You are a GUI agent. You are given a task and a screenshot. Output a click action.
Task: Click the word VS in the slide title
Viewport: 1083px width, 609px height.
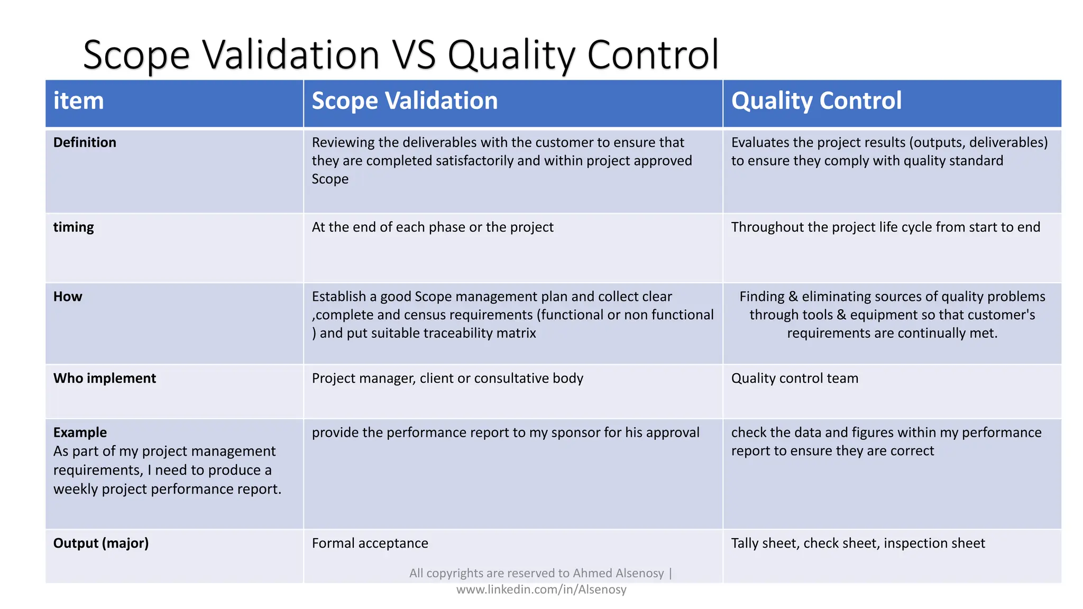pyautogui.click(x=414, y=54)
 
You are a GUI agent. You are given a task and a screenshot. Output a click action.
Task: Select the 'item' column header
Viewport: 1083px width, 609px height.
pyautogui.click(x=78, y=101)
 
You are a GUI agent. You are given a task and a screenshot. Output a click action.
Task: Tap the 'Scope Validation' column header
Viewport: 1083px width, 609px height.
pyautogui.click(x=405, y=101)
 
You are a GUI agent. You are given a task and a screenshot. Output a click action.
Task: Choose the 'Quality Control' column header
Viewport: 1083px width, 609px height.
pyautogui.click(x=816, y=101)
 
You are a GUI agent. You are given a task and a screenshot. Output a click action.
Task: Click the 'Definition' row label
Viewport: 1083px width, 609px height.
pyautogui.click(x=85, y=142)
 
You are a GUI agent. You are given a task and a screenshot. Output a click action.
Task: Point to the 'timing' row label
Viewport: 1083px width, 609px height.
pyautogui.click(x=74, y=227)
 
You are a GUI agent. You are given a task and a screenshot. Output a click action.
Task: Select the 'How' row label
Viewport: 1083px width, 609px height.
pyautogui.click(x=68, y=297)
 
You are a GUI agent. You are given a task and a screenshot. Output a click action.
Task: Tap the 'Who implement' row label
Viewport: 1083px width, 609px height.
pyautogui.click(x=104, y=379)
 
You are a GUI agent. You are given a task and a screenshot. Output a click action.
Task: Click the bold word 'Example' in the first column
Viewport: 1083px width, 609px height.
pyautogui.click(x=80, y=432)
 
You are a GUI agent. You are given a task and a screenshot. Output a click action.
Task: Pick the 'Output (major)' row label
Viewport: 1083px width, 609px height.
pyautogui.click(x=100, y=543)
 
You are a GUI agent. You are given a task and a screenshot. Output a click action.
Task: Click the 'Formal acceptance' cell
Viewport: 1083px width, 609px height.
pyautogui.click(x=370, y=543)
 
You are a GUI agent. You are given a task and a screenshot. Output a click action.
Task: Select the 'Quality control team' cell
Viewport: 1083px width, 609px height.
pyautogui.click(x=794, y=379)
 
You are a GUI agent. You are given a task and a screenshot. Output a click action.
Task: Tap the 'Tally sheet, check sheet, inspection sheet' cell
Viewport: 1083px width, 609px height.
pyautogui.click(x=858, y=543)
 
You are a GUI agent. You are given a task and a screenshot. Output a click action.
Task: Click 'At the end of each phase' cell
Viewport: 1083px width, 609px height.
pyautogui.click(x=432, y=227)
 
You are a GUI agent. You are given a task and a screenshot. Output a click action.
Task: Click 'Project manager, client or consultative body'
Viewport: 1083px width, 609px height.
pyautogui.click(x=447, y=379)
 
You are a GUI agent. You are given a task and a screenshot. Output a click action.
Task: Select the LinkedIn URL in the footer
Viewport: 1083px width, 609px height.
pyautogui.click(x=541, y=589)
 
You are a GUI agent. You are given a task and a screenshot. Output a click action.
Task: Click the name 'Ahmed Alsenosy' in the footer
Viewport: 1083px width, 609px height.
pyautogui.click(x=618, y=573)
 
